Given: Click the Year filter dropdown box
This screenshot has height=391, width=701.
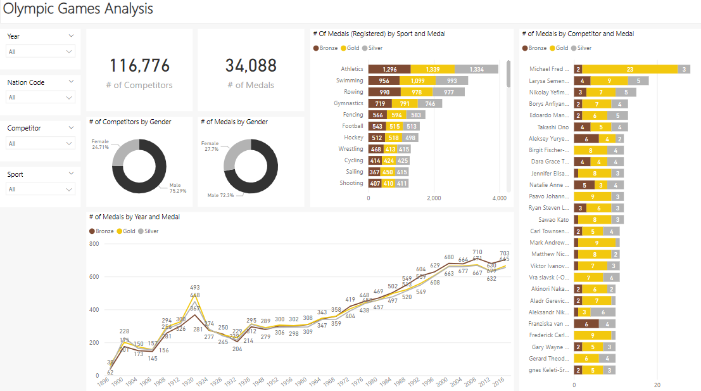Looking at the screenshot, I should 41,51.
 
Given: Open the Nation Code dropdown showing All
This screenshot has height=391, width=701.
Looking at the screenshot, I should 41,97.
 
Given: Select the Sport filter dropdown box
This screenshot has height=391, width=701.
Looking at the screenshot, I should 41,189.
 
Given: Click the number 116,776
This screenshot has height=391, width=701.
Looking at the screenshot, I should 139,66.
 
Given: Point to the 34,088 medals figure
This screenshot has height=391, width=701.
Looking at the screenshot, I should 251,66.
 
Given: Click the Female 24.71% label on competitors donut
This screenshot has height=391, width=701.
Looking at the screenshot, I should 100,144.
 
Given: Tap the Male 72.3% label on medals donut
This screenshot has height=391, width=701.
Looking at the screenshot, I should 220,195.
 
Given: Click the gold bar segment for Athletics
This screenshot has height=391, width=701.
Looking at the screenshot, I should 433,69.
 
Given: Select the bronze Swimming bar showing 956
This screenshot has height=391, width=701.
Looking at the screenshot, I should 384,80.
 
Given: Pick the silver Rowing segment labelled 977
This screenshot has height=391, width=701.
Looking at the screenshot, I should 448,92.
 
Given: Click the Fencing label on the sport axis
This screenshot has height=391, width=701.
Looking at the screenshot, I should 353,115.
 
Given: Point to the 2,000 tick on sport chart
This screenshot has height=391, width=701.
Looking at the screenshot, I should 434,198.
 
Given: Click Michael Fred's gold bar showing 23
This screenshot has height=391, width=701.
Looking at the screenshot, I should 629,69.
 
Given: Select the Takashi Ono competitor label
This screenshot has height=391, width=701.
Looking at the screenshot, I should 548,127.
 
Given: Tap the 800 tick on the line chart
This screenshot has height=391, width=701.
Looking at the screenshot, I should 94,244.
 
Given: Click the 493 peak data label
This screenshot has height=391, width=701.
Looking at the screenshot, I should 195,287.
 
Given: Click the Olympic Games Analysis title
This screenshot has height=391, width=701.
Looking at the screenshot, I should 78,10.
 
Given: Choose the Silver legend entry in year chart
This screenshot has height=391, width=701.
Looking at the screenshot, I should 148,231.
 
